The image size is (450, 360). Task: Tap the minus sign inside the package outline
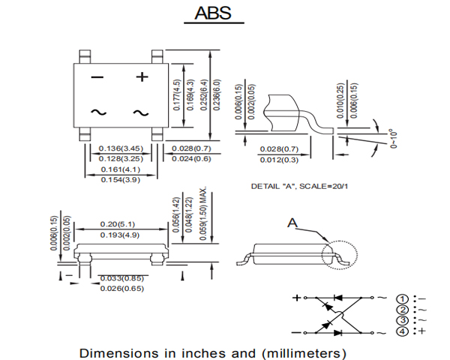[97, 77]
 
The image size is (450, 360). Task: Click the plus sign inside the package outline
[142, 76]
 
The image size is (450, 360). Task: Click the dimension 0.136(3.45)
[121, 148]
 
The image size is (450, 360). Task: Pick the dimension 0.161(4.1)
[121, 170]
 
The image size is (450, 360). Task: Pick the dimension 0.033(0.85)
[122, 278]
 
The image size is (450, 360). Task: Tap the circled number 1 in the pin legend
[403, 298]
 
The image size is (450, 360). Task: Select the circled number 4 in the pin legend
[403, 331]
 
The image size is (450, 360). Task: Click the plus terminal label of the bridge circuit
[296, 298]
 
